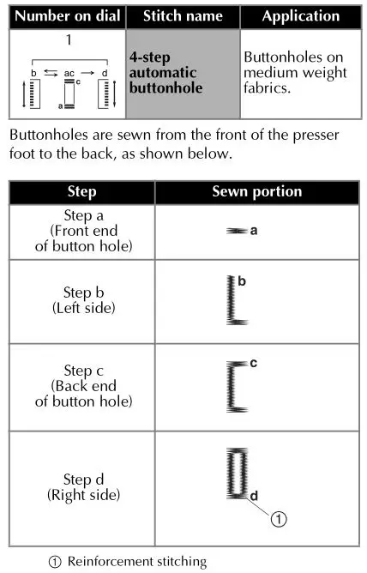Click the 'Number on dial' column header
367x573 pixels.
coord(65,16)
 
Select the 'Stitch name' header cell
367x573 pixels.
coord(183,16)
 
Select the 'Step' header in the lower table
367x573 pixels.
coord(81,192)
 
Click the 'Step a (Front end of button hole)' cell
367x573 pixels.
coord(81,232)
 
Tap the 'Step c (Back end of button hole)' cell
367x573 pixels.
coord(81,385)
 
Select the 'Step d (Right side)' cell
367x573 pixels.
coord(81,486)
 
